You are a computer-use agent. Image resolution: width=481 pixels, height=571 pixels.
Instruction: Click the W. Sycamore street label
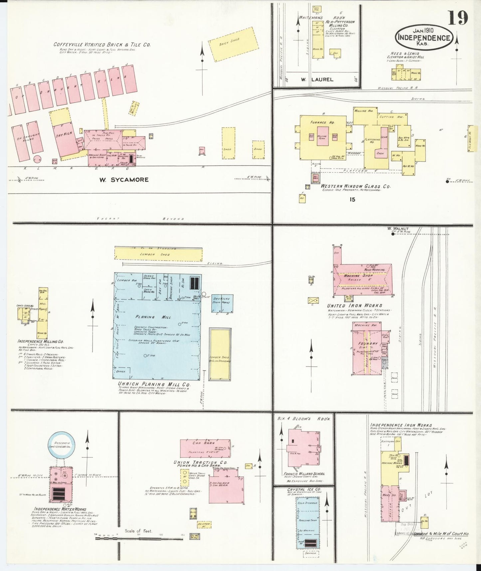click(x=124, y=180)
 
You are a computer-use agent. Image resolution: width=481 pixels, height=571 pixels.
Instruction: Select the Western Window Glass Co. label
click(x=356, y=187)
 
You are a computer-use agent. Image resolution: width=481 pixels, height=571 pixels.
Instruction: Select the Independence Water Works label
click(x=60, y=509)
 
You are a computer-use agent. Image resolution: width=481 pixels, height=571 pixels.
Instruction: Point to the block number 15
click(x=353, y=199)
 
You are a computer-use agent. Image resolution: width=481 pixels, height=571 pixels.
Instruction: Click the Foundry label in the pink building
click(x=367, y=343)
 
